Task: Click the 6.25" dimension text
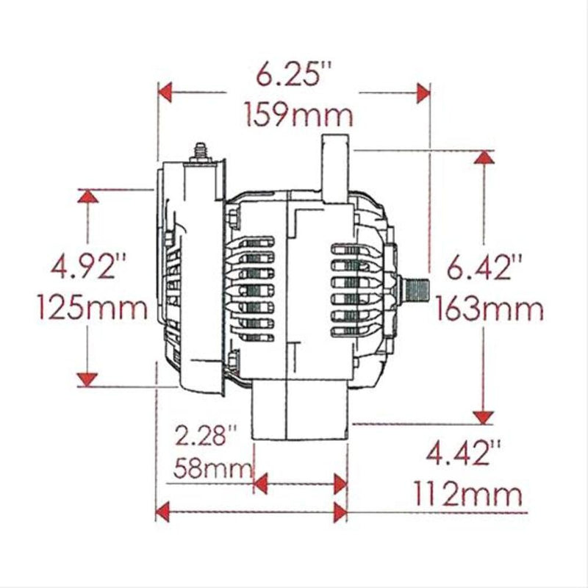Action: pyautogui.click(x=294, y=76)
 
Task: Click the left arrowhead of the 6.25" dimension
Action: pyautogui.click(x=166, y=93)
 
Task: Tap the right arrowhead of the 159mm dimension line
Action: pyautogui.click(x=423, y=93)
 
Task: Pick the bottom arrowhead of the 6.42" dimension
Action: pyautogui.click(x=483, y=417)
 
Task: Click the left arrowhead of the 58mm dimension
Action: pyautogui.click(x=259, y=483)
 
